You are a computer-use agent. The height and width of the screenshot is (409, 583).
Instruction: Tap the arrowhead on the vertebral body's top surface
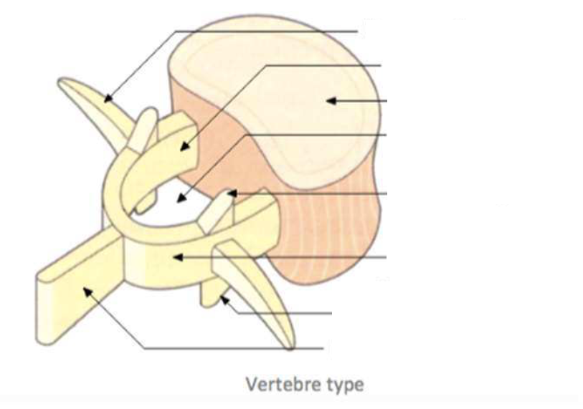329,100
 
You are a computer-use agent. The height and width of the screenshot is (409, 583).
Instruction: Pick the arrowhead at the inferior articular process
224,297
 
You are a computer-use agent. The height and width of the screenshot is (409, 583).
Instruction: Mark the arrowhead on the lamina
177,256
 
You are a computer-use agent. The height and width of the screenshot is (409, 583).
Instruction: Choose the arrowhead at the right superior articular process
230,193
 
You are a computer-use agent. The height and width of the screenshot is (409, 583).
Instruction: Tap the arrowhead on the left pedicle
183,148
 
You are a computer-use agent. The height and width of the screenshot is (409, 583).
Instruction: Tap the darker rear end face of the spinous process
44,295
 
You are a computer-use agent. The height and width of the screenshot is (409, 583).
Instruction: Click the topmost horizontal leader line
265,31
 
